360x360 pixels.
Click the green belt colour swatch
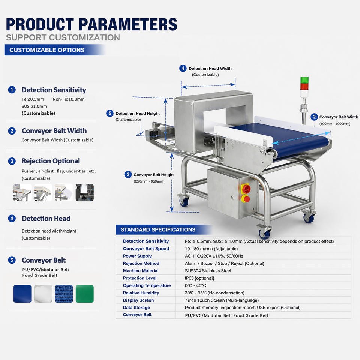pyautogui.click(x=85, y=294)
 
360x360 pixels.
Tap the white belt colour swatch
pyautogui.click(x=43, y=294)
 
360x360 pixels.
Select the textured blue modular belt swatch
pyautogui.click(x=64, y=294)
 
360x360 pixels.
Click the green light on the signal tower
pyautogui.click(x=304, y=79)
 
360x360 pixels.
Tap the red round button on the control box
pyautogui.click(x=247, y=199)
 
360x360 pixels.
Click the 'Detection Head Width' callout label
pyautogui.click(x=210, y=68)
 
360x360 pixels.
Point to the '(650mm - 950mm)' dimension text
pyautogui.click(x=149, y=181)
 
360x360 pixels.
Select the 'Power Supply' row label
pyautogui.click(x=137, y=256)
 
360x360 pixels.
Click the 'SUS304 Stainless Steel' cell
pyautogui.click(x=208, y=271)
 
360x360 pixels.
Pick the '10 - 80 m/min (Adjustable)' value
pyautogui.click(x=211, y=249)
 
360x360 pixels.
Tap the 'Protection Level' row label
pyautogui.click(x=139, y=278)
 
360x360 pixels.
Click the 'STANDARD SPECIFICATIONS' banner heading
pyautogui.click(x=158, y=229)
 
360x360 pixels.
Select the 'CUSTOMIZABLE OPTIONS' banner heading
pyautogui.click(x=47, y=50)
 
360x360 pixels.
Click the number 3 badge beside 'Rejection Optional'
pyautogui.click(x=12, y=161)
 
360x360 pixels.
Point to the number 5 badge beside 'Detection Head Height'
pyautogui.click(x=110, y=113)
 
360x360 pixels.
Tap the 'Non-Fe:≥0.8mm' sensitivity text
pyautogui.click(x=69, y=99)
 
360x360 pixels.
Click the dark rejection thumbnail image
pyautogui.click(x=85, y=192)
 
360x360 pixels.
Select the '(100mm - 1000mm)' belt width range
pyautogui.click(x=335, y=124)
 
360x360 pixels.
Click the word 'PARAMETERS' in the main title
pyautogui.click(x=128, y=24)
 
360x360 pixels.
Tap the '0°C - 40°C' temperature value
pyautogui.click(x=195, y=285)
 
